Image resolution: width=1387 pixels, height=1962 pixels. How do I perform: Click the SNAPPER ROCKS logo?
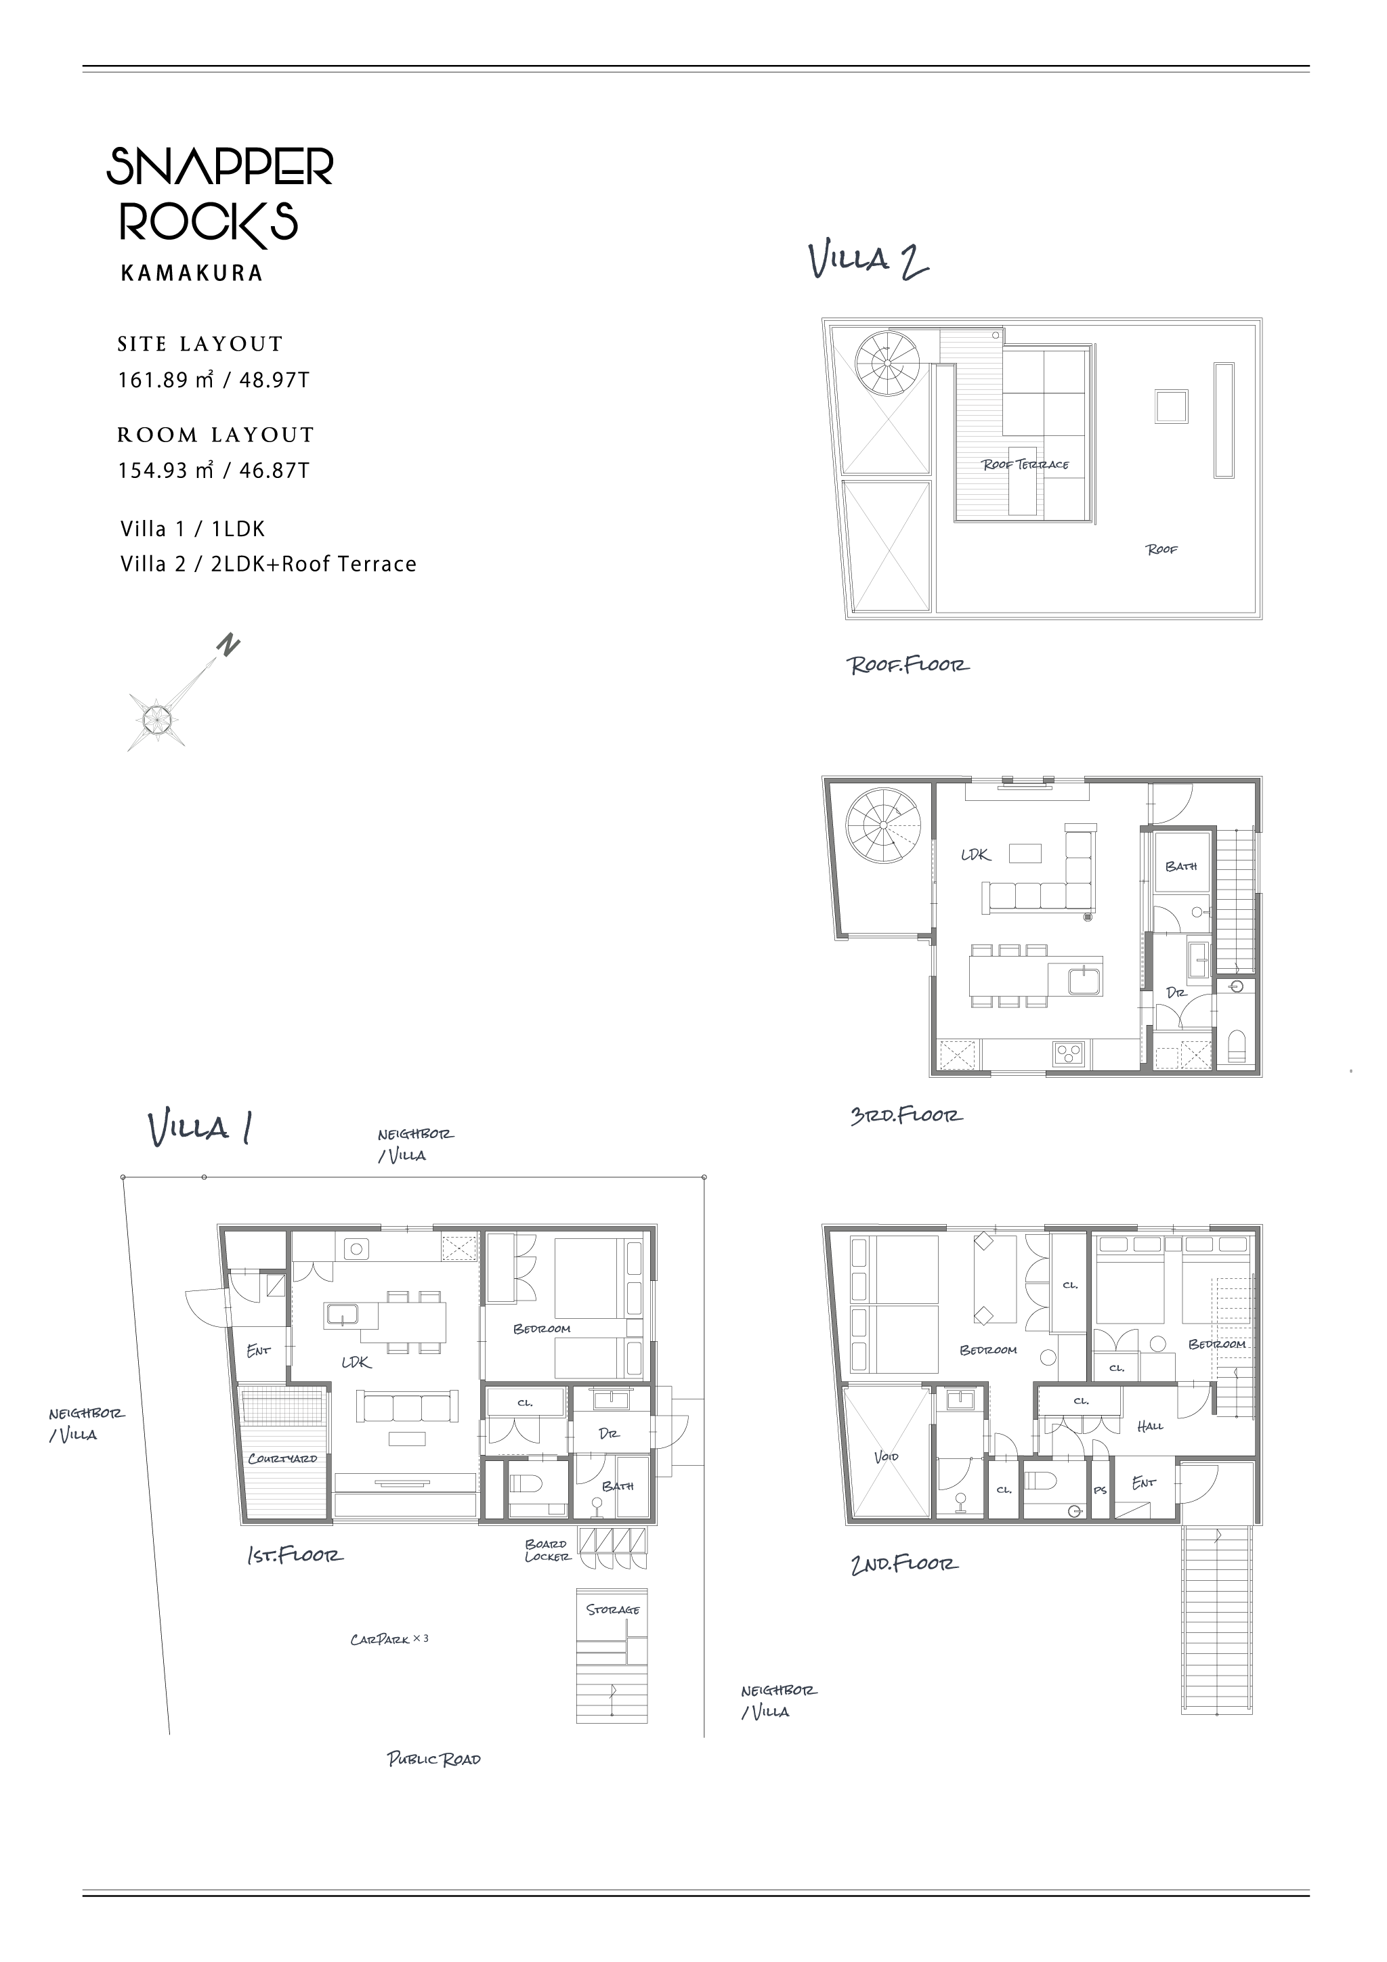point(219,198)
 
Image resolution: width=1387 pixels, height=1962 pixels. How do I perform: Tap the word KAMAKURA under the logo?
point(192,274)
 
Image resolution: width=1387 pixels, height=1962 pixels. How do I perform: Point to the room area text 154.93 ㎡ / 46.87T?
point(213,470)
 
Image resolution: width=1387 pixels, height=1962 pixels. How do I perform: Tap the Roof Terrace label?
point(1025,465)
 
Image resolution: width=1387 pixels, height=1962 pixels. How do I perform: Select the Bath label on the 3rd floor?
point(1181,867)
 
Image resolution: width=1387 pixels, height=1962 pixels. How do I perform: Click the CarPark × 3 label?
point(389,1640)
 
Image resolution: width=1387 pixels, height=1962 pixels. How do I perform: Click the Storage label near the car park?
point(613,1610)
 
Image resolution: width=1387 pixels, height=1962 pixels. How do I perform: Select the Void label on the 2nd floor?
point(887,1456)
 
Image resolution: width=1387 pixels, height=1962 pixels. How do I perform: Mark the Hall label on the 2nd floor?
point(1150,1426)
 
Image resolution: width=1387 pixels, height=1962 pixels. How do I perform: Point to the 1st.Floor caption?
point(296,1554)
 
